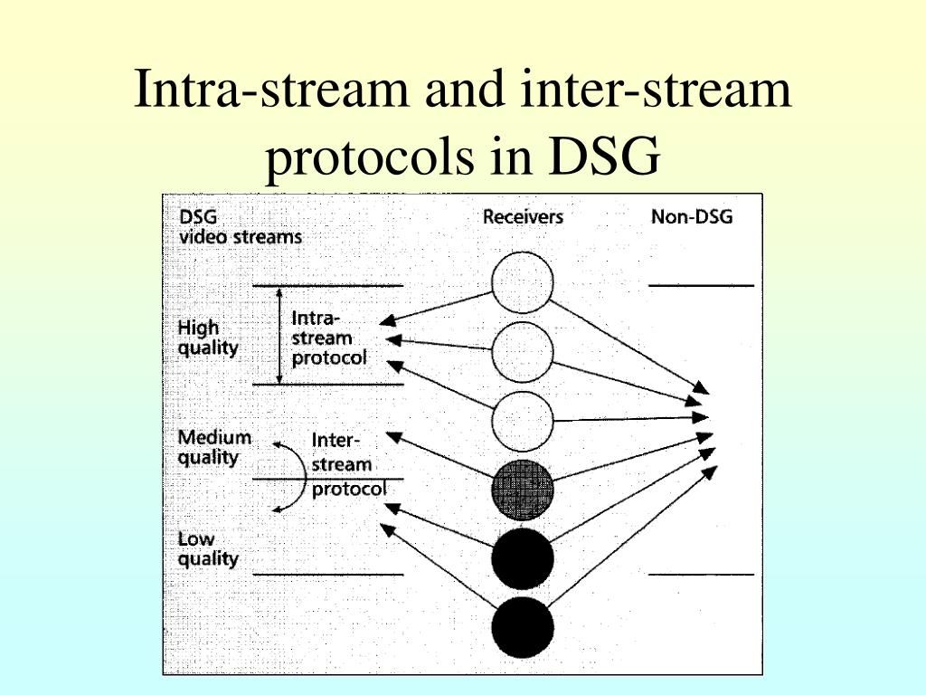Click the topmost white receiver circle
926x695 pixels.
click(522, 283)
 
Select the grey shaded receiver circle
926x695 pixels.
click(522, 490)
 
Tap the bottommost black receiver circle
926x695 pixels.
click(522, 627)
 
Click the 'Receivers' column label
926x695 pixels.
click(523, 217)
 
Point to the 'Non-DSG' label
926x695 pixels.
click(692, 217)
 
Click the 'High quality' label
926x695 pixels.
click(209, 338)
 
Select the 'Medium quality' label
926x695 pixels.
click(214, 447)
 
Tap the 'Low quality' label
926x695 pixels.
click(207, 549)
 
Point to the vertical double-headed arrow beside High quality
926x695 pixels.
click(279, 335)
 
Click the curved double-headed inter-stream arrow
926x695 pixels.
click(290, 478)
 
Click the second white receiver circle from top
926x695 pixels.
click(522, 351)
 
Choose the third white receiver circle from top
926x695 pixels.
click(522, 421)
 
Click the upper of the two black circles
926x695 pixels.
click(522, 558)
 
